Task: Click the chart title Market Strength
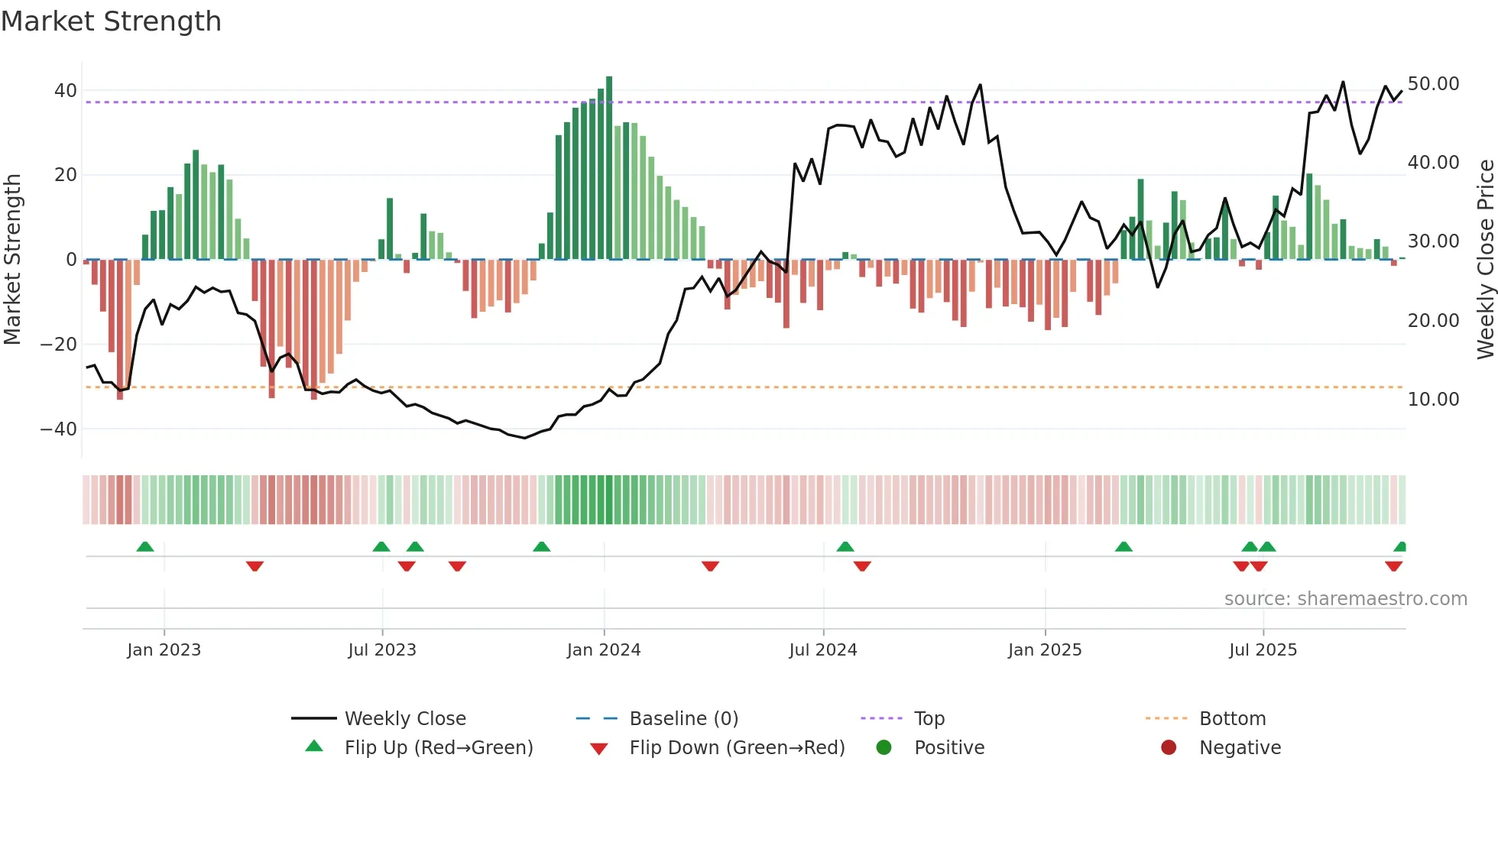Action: click(x=112, y=21)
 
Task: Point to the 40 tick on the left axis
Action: click(x=65, y=91)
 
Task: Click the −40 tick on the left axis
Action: click(x=58, y=429)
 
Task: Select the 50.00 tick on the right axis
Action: click(x=1433, y=84)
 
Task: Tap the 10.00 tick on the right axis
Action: click(x=1433, y=400)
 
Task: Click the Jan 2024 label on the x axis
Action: click(x=603, y=650)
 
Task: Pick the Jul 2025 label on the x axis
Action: click(x=1263, y=650)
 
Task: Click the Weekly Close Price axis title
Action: click(x=1485, y=260)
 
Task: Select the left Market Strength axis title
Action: click(x=12, y=260)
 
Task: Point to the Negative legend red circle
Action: click(x=1169, y=748)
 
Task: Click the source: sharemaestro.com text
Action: click(x=1345, y=599)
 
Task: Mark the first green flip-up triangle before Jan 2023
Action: click(x=145, y=546)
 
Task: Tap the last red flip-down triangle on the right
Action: click(x=1393, y=566)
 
